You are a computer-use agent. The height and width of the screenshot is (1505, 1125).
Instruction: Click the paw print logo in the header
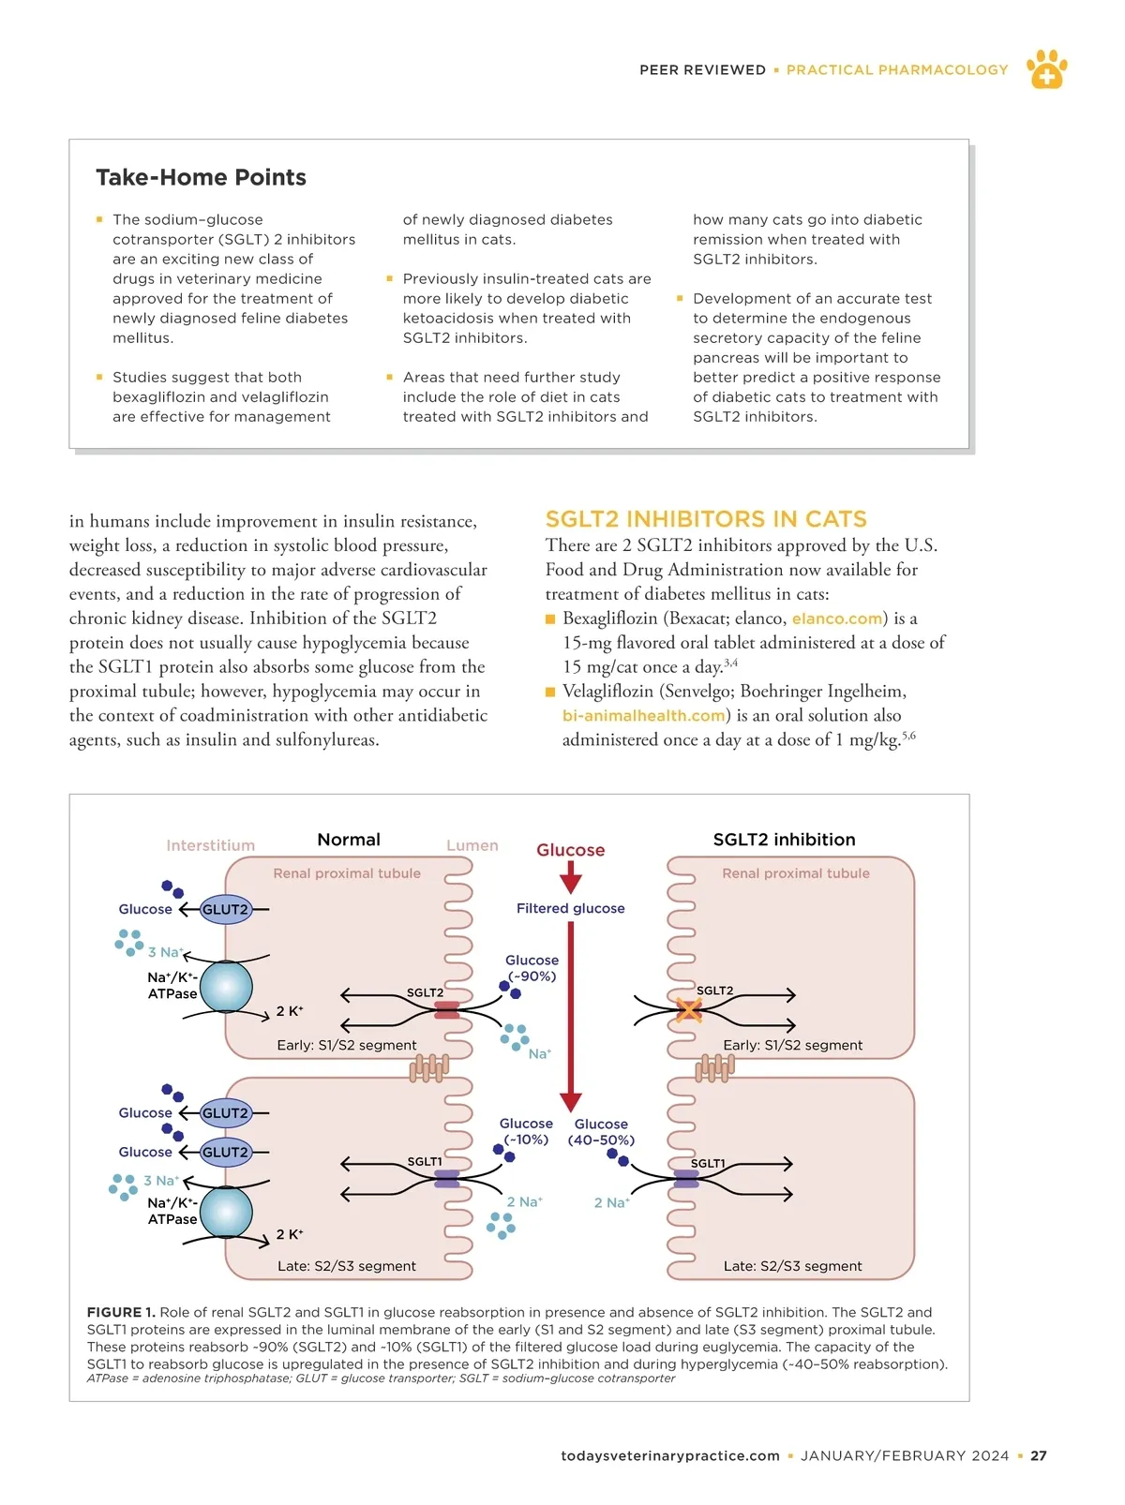coord(1046,69)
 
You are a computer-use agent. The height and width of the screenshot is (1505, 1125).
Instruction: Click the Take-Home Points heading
coord(201,177)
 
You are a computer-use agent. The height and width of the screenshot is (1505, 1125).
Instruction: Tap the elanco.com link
coord(837,618)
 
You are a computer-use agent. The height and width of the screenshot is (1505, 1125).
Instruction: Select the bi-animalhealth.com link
coord(644,716)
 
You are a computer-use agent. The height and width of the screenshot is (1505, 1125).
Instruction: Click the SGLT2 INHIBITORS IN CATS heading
coord(706,519)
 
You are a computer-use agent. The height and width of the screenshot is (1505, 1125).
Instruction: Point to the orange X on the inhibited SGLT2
coord(689,1010)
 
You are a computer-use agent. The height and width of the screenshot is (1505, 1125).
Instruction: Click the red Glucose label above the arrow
coord(570,850)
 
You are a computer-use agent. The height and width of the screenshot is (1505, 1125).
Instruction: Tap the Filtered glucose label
coord(570,908)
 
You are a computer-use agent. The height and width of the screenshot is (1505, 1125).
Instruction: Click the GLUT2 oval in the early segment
coord(226,909)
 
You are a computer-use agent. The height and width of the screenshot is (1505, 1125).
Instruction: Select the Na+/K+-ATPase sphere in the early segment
coord(227,987)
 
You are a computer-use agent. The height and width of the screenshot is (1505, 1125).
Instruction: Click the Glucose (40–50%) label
coord(601,1132)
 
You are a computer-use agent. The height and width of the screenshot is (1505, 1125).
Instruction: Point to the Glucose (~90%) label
coord(532,968)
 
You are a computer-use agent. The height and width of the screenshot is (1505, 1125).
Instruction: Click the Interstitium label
coord(210,845)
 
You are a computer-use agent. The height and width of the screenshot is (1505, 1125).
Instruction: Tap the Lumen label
coord(472,845)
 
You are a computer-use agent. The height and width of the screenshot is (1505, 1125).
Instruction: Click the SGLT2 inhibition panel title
coord(784,840)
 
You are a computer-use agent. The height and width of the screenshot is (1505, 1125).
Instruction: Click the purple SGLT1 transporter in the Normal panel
coord(447,1179)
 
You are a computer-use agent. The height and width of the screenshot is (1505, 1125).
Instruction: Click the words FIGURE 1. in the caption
coord(121,1313)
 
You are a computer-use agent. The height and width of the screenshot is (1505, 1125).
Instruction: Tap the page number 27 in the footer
coord(1039,1456)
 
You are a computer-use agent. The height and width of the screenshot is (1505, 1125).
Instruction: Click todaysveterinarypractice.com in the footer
coord(670,1456)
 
